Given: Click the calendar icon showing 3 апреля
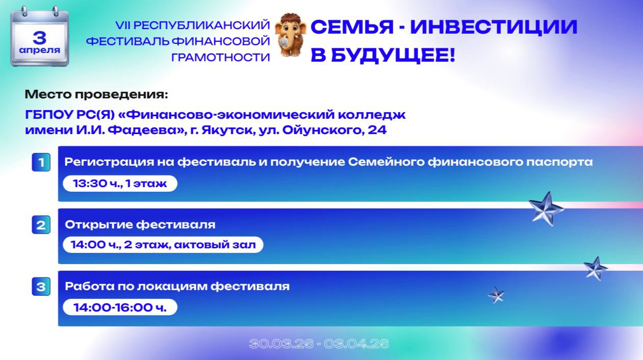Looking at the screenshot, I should coord(40,37).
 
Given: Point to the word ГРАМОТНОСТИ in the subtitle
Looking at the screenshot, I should coord(220,57).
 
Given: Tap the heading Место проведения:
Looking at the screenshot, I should coord(96,94).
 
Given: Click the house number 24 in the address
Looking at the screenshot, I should coord(377,130).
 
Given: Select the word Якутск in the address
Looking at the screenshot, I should coord(221,130).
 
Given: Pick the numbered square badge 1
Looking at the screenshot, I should coord(41,163).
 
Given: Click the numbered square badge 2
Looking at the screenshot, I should coord(41,225).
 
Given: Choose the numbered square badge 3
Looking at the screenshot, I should coord(41,287).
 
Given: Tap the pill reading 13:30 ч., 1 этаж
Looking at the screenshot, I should coord(120,183).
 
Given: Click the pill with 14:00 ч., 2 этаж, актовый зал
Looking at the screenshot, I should coord(163,245).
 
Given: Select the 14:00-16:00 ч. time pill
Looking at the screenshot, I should coord(120,307).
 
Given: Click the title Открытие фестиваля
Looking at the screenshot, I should coord(140,224).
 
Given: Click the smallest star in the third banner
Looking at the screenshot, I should coord(496,295).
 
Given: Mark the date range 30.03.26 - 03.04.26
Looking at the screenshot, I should coord(319,344).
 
